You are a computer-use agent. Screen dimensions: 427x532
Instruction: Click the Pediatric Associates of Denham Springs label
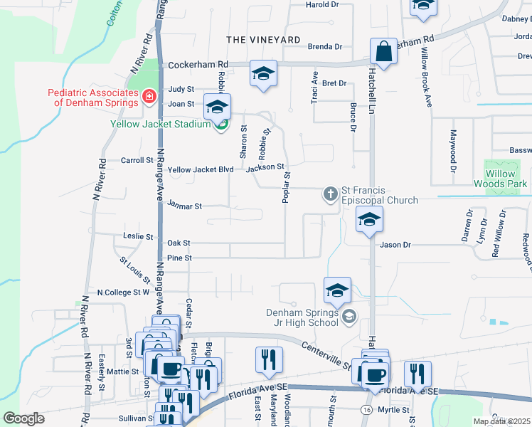click(x=92, y=97)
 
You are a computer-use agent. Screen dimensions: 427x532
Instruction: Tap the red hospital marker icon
click(x=149, y=96)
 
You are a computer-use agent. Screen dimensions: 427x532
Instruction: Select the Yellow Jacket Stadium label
click(x=160, y=124)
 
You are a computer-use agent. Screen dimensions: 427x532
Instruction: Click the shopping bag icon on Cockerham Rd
click(x=383, y=52)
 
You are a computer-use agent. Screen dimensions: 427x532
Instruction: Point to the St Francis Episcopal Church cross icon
click(x=331, y=193)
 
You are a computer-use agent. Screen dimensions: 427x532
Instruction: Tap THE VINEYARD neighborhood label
click(x=253, y=39)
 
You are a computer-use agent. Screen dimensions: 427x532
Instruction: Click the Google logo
click(x=23, y=418)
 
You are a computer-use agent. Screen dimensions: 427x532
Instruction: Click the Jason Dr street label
click(x=396, y=245)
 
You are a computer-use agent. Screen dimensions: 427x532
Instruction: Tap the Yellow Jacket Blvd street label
click(x=201, y=170)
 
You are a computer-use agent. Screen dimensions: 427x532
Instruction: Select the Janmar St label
click(x=185, y=206)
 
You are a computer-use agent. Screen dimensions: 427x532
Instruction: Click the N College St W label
click(x=123, y=292)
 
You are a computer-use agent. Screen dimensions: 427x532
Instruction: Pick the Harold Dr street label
click(x=322, y=4)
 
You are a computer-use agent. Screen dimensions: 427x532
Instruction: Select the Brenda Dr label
click(x=325, y=47)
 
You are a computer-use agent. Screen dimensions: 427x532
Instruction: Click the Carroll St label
click(x=137, y=161)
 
